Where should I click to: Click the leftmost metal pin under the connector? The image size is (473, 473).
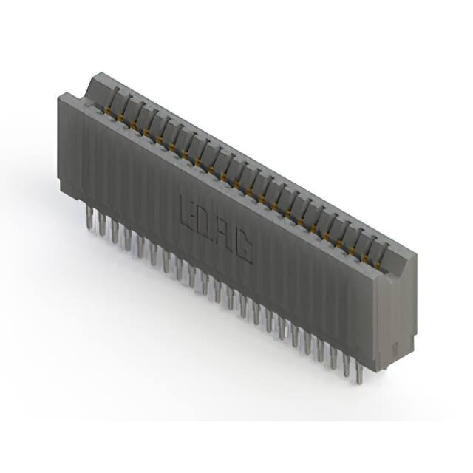click(x=89, y=217)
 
